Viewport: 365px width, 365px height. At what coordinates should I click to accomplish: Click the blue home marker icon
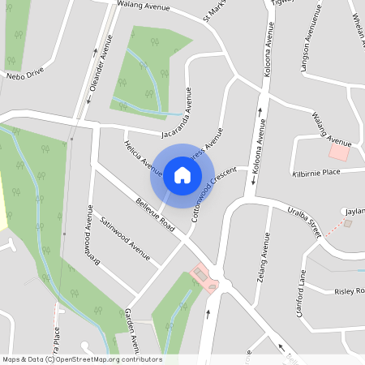[182, 174]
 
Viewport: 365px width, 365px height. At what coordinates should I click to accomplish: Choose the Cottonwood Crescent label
[213, 194]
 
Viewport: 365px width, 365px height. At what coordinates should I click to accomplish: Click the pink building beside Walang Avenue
[339, 152]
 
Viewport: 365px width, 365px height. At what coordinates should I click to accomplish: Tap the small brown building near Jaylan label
[349, 222]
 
